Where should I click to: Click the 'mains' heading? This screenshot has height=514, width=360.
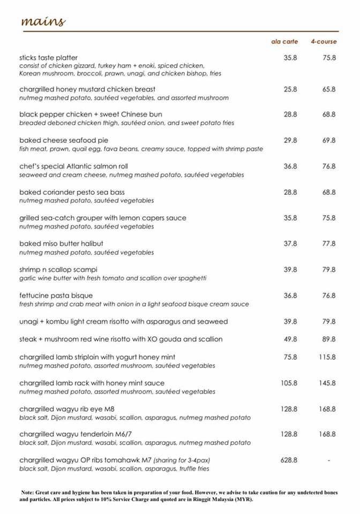click(43, 21)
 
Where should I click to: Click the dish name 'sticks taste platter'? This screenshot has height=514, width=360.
click(49, 57)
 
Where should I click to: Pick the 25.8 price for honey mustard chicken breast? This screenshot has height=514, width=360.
click(290, 89)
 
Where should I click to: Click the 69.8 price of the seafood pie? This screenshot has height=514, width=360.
click(329, 140)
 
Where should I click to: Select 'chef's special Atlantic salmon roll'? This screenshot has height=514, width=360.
click(73, 167)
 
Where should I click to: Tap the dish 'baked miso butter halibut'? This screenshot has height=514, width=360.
click(61, 244)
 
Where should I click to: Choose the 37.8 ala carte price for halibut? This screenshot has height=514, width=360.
click(290, 244)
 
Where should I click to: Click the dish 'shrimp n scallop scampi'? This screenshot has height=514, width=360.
click(58, 269)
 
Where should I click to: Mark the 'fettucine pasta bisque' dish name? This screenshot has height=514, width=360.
click(56, 296)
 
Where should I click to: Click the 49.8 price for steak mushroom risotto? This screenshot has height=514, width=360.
click(290, 339)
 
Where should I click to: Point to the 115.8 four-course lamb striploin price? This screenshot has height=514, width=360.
click(327, 357)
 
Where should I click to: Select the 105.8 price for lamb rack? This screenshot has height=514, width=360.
click(289, 383)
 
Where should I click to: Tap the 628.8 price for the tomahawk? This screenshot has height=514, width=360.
click(289, 460)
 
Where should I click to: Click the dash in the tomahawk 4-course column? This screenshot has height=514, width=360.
click(329, 460)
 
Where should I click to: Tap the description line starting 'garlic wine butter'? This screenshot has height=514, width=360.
click(112, 278)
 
